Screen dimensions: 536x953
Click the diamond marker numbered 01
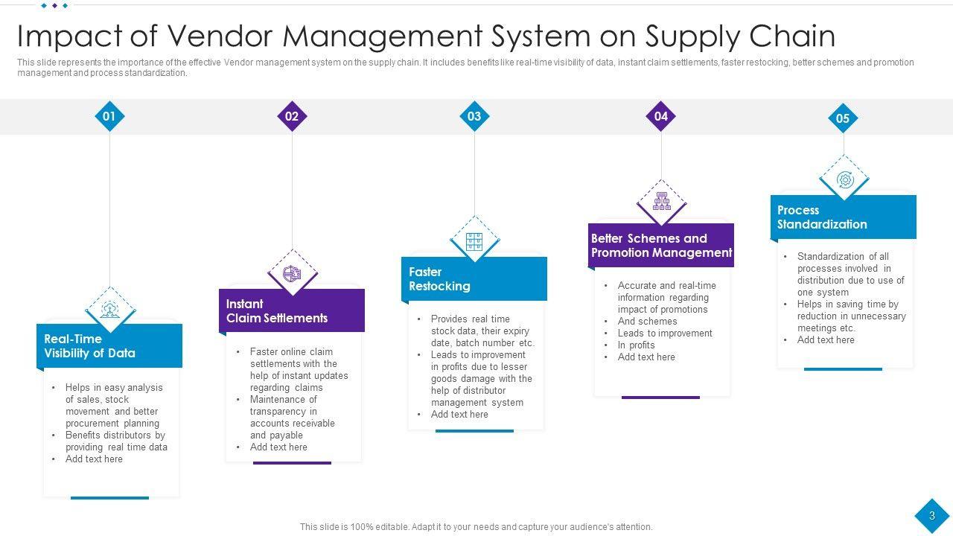pos(109,116)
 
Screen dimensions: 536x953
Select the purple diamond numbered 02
pos(292,116)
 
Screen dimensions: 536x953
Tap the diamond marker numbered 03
pos(474,116)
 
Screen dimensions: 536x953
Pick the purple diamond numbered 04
pos(661,116)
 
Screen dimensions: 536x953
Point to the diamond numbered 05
pos(843,118)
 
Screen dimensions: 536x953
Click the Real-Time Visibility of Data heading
pos(89,346)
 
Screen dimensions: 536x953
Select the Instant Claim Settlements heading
pos(276,311)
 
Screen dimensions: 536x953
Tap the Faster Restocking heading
pos(439,279)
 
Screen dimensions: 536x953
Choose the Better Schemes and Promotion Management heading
pos(661,246)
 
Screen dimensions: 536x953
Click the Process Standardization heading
pos(822,217)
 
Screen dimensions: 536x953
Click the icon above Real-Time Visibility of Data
pos(110,308)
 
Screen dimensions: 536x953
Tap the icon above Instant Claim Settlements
pos(293,273)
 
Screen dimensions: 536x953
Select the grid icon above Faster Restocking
pos(474,241)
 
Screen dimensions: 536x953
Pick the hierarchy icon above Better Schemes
pos(661,201)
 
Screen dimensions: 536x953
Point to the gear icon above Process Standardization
pos(844,179)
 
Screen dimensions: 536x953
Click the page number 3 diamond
pos(931,516)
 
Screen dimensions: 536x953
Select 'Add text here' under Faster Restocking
pos(459,415)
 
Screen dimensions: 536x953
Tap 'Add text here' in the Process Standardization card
pos(826,340)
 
